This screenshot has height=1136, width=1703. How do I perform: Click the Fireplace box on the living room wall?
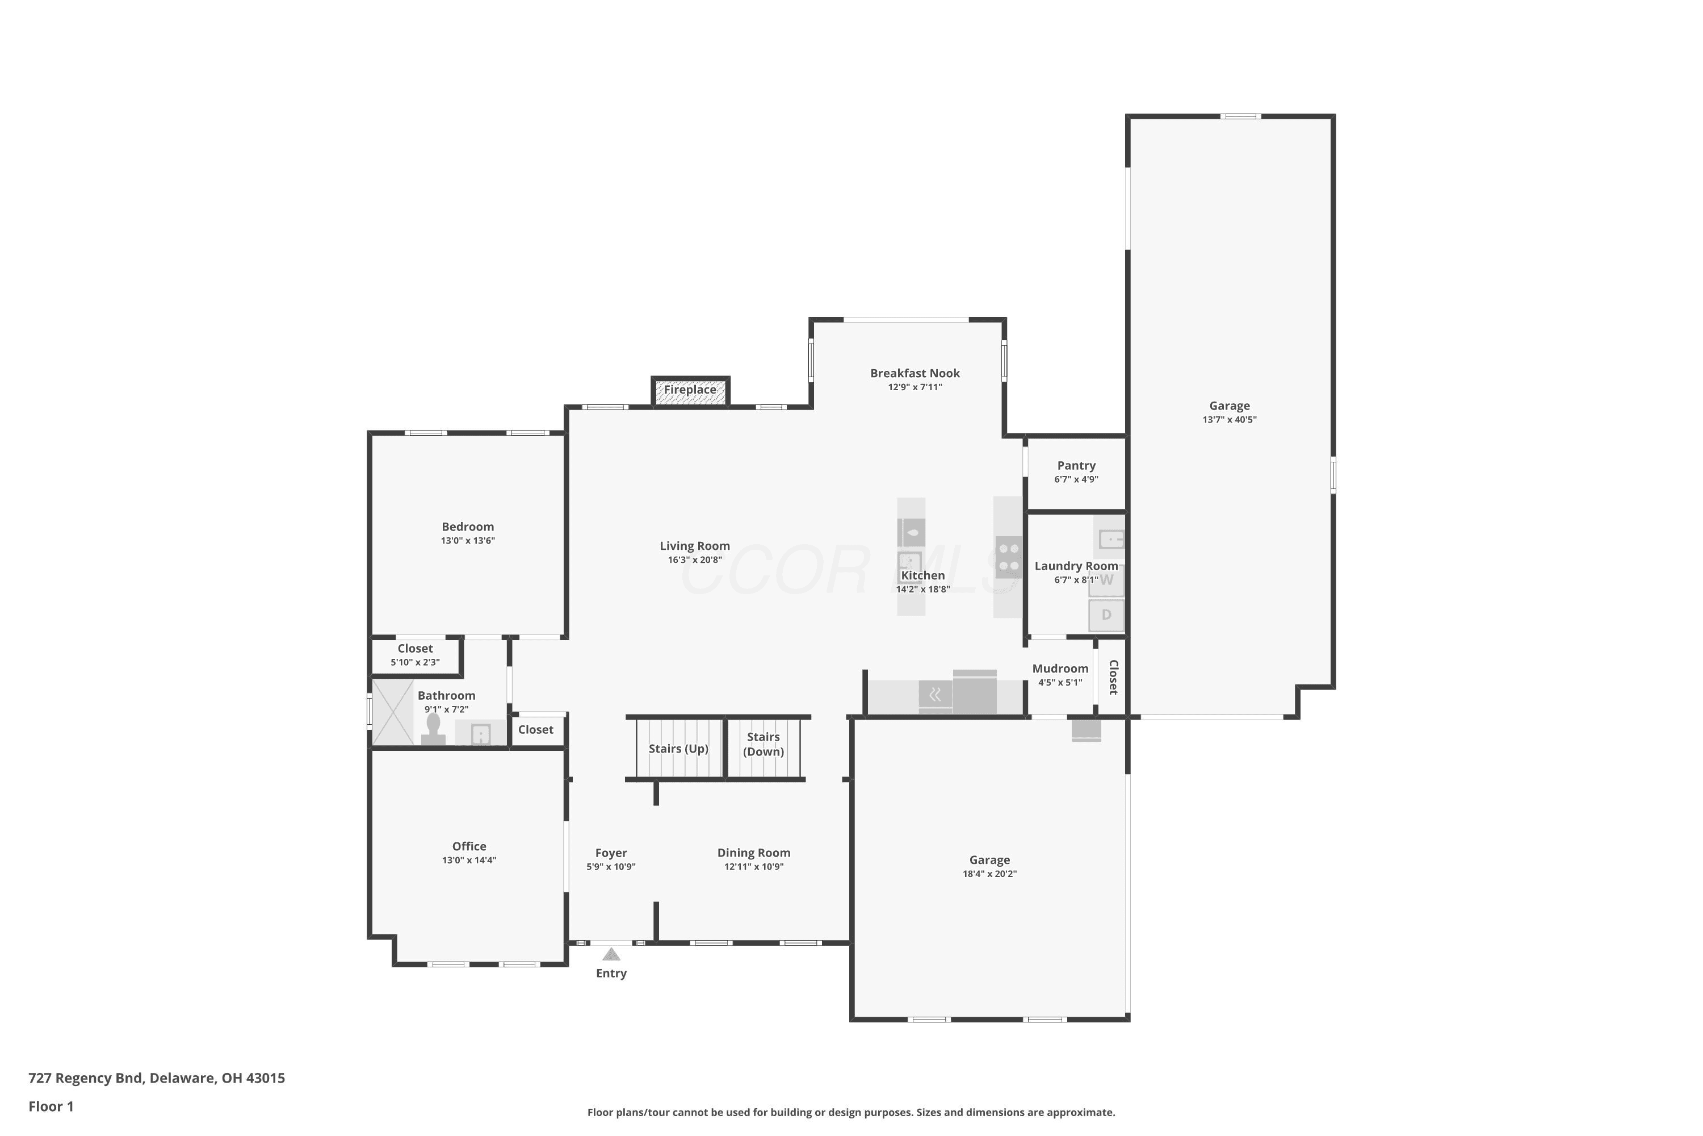coord(690,391)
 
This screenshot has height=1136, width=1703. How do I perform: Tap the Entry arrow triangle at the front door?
coord(611,954)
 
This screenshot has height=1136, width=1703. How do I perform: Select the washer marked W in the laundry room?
coord(1106,581)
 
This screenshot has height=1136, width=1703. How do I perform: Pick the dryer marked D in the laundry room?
coord(1106,615)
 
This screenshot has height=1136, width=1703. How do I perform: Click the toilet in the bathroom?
coord(433,729)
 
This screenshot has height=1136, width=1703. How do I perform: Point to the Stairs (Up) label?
coord(678,749)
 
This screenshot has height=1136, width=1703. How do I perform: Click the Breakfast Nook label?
coord(915,373)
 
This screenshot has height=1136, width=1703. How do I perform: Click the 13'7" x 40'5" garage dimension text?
coord(1230,420)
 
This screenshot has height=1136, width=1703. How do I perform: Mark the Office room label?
coord(469,846)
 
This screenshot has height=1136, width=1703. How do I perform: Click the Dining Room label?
coord(754,853)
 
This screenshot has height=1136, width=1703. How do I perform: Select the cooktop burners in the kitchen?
coord(1009,557)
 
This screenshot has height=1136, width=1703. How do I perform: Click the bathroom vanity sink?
coord(481,734)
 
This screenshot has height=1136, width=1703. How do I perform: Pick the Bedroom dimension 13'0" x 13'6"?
coord(468,541)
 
